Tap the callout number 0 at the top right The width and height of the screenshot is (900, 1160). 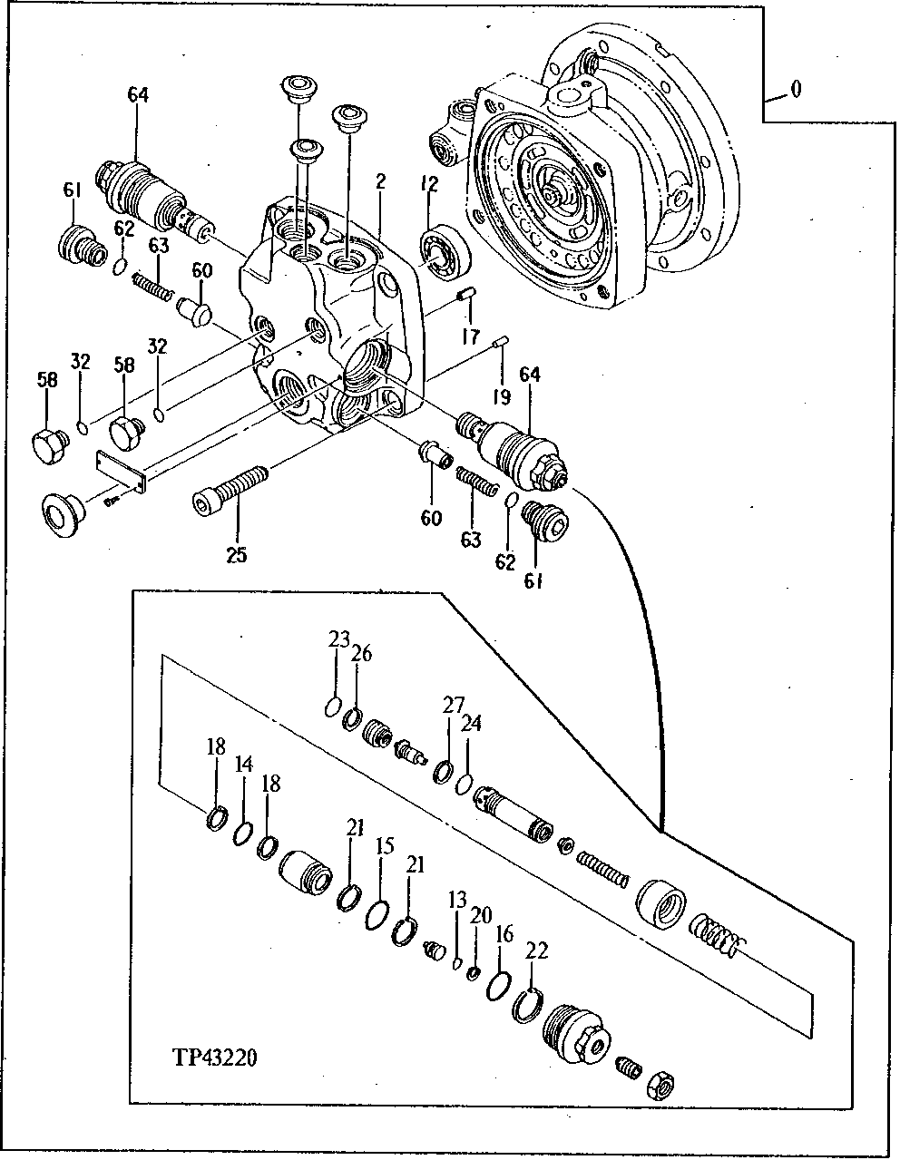795,89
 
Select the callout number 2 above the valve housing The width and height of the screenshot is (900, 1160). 380,182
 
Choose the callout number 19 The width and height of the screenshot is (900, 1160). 502,396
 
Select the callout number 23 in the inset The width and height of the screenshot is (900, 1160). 338,640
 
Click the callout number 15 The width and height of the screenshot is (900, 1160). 385,846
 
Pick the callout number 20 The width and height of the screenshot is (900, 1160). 480,915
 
